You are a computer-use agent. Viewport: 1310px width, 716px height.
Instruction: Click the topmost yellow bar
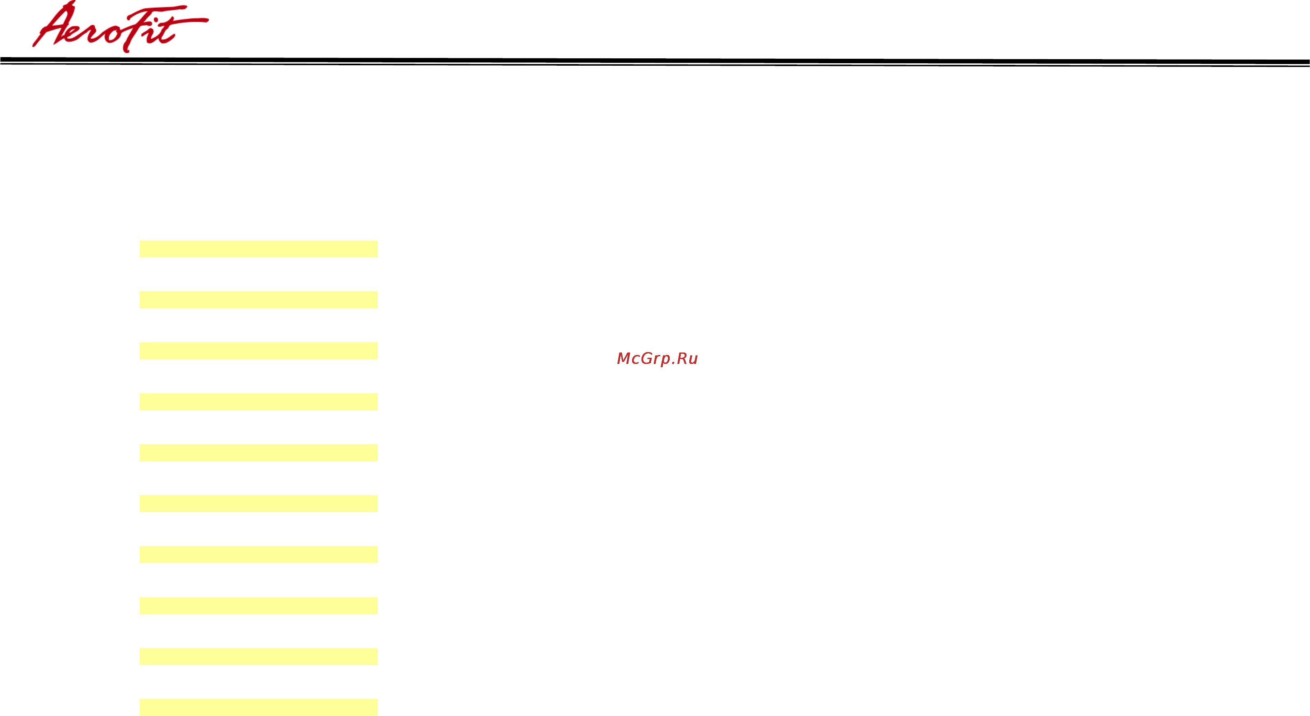point(258,249)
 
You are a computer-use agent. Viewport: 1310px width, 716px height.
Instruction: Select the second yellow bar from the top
point(258,300)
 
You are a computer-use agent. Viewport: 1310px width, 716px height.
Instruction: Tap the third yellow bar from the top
point(258,350)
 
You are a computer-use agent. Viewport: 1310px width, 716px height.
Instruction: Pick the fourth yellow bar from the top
point(258,401)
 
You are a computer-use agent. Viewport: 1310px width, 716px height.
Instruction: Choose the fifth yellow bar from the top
point(258,453)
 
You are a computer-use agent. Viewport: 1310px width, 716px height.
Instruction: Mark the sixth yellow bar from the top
point(258,503)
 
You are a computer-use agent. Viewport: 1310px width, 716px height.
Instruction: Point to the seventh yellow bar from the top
point(258,554)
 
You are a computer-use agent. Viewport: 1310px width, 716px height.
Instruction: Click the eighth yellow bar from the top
point(258,606)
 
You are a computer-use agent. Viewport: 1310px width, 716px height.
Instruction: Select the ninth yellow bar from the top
point(258,656)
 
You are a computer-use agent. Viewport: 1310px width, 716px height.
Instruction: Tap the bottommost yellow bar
point(258,707)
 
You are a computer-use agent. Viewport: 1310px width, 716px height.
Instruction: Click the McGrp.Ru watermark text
point(657,359)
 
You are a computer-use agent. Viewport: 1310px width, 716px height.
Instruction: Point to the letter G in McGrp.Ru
point(648,358)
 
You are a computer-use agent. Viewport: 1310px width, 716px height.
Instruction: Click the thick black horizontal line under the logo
point(655,60)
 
